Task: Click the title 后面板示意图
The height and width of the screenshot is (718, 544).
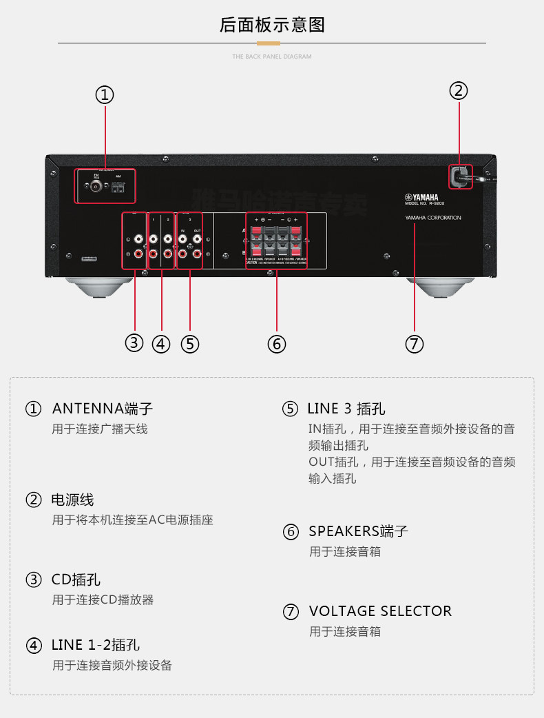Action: (x=272, y=25)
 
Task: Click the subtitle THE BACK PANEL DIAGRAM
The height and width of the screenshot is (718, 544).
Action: (x=272, y=57)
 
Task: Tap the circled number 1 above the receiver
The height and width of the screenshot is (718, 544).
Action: (x=105, y=95)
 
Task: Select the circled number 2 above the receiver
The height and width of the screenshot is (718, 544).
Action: (x=459, y=90)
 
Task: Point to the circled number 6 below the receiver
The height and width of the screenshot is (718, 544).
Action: (x=276, y=344)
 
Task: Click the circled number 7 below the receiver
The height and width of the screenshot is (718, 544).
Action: (x=415, y=344)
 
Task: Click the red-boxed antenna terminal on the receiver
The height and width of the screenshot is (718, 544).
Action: (x=105, y=185)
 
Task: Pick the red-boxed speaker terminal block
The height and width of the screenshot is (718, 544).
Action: (x=276, y=240)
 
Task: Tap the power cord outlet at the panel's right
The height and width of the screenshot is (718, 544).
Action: (x=460, y=176)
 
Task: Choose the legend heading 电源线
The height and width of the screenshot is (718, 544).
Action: (x=72, y=500)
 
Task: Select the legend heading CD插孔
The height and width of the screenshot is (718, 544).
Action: (x=76, y=579)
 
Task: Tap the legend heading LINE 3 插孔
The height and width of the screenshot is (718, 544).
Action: (x=346, y=409)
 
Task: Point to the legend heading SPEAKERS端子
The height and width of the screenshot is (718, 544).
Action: (x=358, y=531)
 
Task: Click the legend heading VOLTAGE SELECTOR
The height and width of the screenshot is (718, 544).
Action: (x=380, y=611)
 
